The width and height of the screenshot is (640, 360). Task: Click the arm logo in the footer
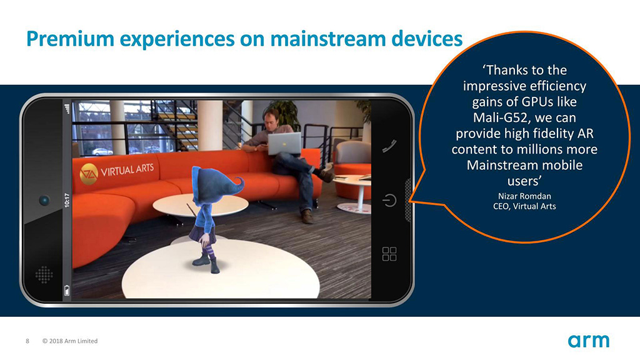click(588, 341)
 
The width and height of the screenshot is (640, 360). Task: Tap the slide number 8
click(27, 341)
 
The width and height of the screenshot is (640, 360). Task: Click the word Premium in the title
click(70, 39)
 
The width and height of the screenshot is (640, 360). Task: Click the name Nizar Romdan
click(524, 196)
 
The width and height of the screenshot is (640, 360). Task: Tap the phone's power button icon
click(389, 201)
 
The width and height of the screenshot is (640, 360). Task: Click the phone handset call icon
click(389, 146)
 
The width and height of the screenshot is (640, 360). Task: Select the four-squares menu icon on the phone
click(389, 254)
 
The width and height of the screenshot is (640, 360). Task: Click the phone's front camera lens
click(44, 201)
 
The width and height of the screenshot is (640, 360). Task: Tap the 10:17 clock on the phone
click(67, 201)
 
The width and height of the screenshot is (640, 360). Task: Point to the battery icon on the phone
click(67, 290)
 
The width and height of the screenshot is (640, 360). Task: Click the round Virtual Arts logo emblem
click(89, 174)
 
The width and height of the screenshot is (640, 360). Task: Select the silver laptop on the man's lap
click(284, 144)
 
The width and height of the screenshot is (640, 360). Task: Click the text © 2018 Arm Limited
click(70, 341)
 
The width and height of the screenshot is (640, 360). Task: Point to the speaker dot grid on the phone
click(44, 275)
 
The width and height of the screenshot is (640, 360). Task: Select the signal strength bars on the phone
click(67, 109)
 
